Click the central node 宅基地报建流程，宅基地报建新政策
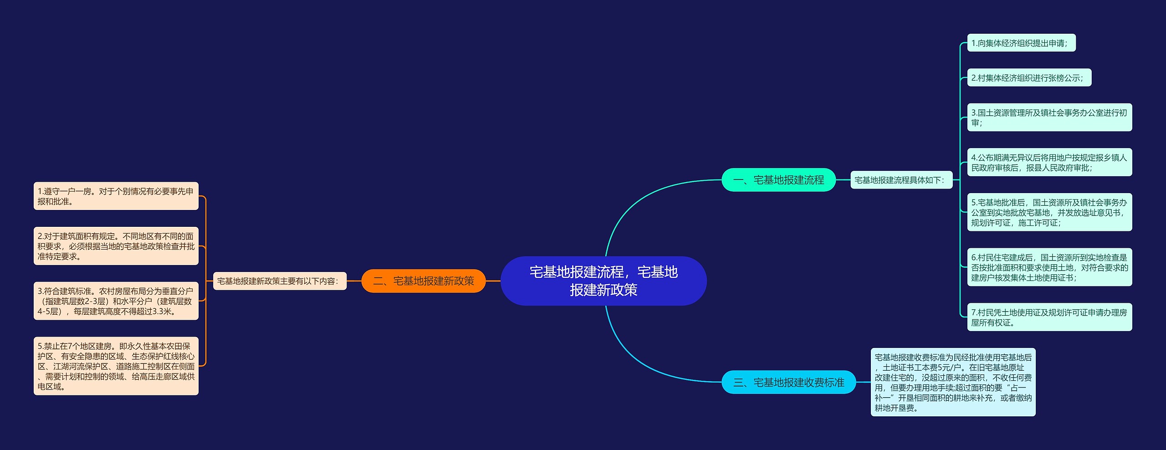click(603, 281)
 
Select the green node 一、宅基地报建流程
click(778, 180)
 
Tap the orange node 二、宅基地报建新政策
click(423, 281)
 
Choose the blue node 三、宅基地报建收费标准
click(788, 382)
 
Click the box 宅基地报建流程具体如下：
click(901, 180)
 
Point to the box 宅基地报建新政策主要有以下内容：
click(280, 281)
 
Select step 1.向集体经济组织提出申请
click(1021, 43)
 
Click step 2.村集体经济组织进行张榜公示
click(1029, 78)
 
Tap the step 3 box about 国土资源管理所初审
click(1049, 118)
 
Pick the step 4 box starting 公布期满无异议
click(1049, 163)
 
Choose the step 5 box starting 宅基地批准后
click(1049, 212)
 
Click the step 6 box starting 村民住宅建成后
click(1049, 267)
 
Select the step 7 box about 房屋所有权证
click(1049, 317)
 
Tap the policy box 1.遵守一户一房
click(116, 196)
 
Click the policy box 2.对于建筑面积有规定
click(116, 246)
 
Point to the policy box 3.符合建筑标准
click(116, 301)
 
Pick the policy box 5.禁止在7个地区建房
click(116, 366)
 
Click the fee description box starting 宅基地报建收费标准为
click(953, 383)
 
